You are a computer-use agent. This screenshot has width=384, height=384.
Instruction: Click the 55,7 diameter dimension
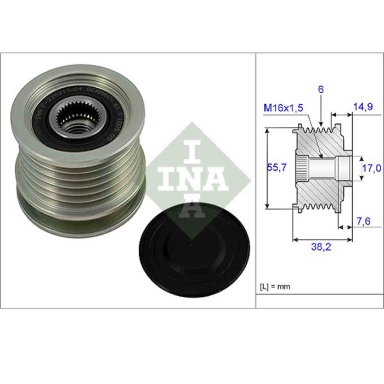click(275, 169)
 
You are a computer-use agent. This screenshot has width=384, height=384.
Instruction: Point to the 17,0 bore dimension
click(372, 169)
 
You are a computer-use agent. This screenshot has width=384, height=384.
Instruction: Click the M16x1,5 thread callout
click(284, 108)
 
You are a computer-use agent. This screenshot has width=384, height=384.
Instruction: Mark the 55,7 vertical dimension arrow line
click(267, 168)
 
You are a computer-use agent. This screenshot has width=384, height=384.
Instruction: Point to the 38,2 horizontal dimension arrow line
click(320, 240)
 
